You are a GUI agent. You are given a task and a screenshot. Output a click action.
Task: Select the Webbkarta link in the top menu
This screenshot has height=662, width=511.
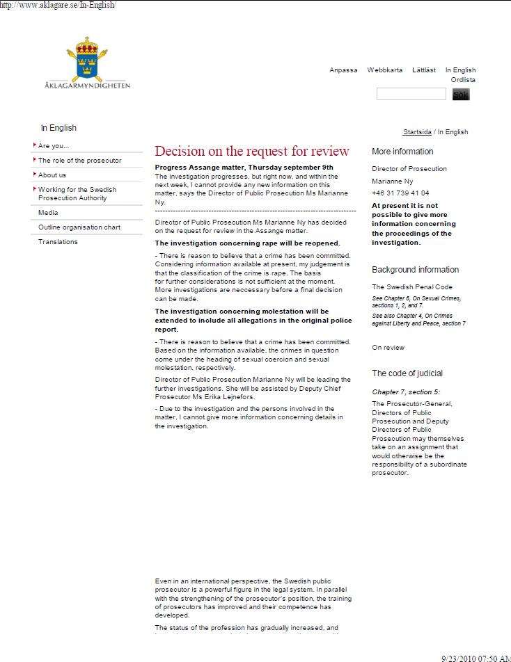[x=384, y=70]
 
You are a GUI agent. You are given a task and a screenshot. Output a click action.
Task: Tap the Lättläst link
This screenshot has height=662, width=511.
[x=424, y=70]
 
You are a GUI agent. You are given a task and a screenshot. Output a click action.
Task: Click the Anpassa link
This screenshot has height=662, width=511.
[x=343, y=70]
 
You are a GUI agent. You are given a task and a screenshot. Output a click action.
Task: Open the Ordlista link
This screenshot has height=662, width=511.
[x=463, y=80]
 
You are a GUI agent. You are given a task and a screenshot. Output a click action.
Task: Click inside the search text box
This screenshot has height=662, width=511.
[x=411, y=94]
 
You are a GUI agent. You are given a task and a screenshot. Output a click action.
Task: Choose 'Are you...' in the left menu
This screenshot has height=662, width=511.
[x=54, y=146]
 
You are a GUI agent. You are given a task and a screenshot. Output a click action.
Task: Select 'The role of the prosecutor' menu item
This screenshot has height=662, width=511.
[x=79, y=161]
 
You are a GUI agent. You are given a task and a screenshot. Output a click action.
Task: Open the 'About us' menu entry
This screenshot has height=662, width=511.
[x=52, y=175]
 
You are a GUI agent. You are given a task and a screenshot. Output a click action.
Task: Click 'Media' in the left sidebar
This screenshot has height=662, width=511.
[x=48, y=213]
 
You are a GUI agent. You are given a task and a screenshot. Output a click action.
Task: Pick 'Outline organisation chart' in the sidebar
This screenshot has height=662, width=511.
[x=79, y=227]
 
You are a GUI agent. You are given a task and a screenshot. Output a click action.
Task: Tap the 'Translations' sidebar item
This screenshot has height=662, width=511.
[x=58, y=242]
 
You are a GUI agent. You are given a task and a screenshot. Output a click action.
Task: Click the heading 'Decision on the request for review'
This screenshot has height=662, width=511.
[x=252, y=152]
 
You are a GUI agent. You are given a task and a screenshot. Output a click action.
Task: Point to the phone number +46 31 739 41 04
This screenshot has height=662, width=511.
[x=400, y=193]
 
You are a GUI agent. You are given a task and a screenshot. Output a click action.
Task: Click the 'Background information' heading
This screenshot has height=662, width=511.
[x=415, y=270]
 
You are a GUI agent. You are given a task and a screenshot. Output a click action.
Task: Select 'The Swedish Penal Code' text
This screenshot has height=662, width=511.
[x=412, y=287]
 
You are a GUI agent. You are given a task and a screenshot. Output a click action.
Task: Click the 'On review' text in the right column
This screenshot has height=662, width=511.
[x=388, y=348]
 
